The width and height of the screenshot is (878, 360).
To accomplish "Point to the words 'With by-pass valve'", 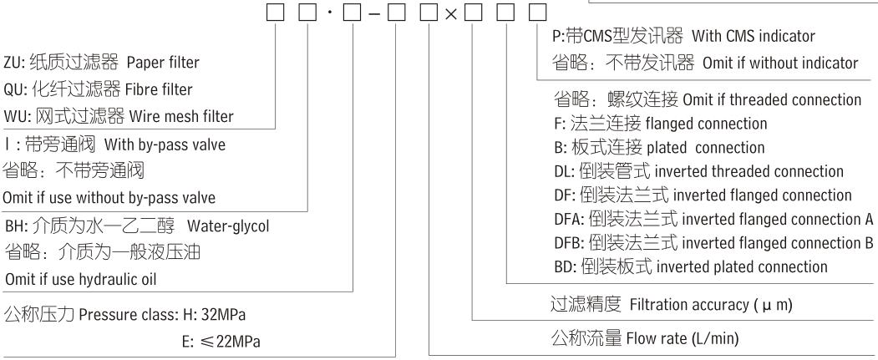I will (x=176, y=145).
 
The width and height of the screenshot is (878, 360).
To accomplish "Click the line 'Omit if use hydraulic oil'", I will (x=83, y=278).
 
